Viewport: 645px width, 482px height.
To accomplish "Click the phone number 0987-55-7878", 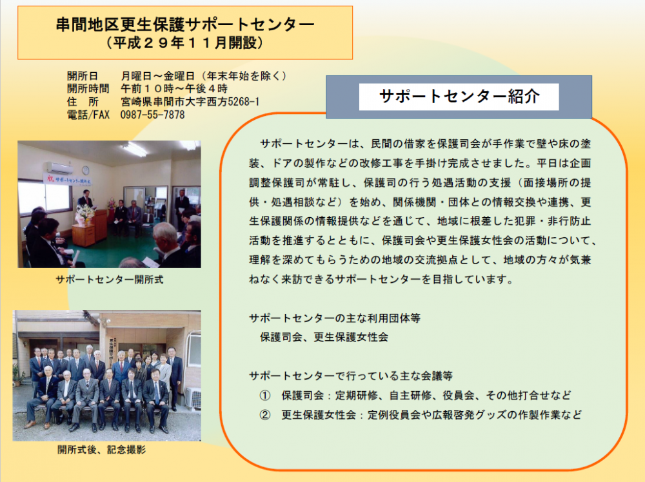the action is tap(152, 115).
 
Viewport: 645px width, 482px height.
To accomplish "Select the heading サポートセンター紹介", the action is tap(459, 96).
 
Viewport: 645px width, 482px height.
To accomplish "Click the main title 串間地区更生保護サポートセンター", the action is tap(185, 24).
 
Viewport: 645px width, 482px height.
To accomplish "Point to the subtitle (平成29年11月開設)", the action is tap(184, 43).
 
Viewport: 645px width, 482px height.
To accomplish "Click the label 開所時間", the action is tap(88, 89).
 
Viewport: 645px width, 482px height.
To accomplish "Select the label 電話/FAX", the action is tap(88, 115).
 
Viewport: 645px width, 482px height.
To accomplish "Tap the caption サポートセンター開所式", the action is tap(110, 280).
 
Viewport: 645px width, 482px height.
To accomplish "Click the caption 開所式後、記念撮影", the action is tap(102, 450).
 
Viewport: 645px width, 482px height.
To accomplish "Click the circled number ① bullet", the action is tap(265, 396).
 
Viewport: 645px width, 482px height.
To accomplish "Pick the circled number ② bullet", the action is tap(265, 415).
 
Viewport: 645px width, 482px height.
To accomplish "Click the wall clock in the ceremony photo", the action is tap(86, 170).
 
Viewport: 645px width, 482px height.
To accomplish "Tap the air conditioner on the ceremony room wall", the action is tap(59, 168).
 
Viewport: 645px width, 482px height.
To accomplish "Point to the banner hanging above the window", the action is tap(68, 180).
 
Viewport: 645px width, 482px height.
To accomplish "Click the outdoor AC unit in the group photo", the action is tap(192, 398).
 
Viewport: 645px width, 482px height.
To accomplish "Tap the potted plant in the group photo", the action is tap(17, 376).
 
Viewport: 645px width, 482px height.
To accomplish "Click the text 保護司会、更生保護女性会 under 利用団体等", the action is tap(324, 338).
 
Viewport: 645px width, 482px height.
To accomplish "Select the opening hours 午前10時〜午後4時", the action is tap(174, 89).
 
